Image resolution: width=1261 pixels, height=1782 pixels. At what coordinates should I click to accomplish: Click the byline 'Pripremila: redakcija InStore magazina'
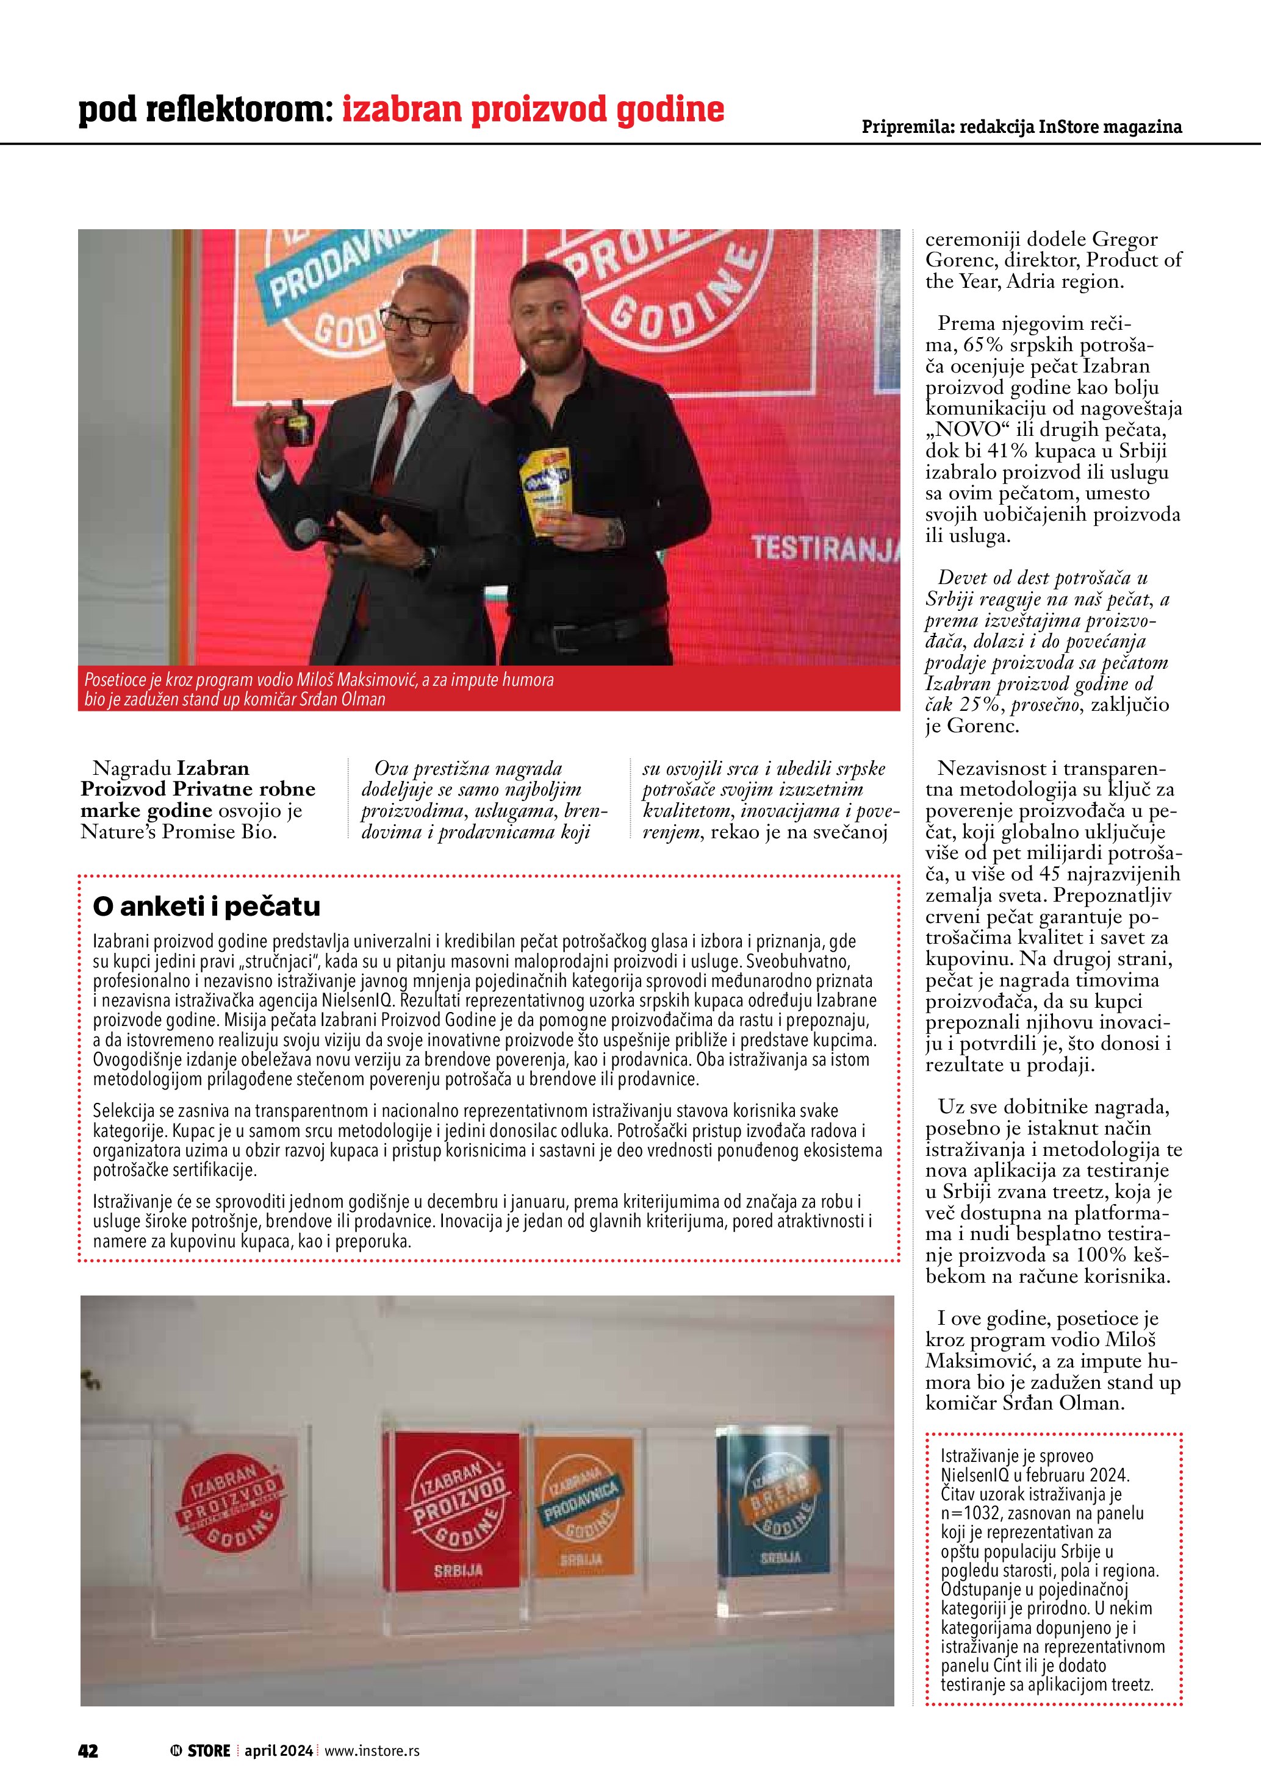tap(1022, 127)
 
